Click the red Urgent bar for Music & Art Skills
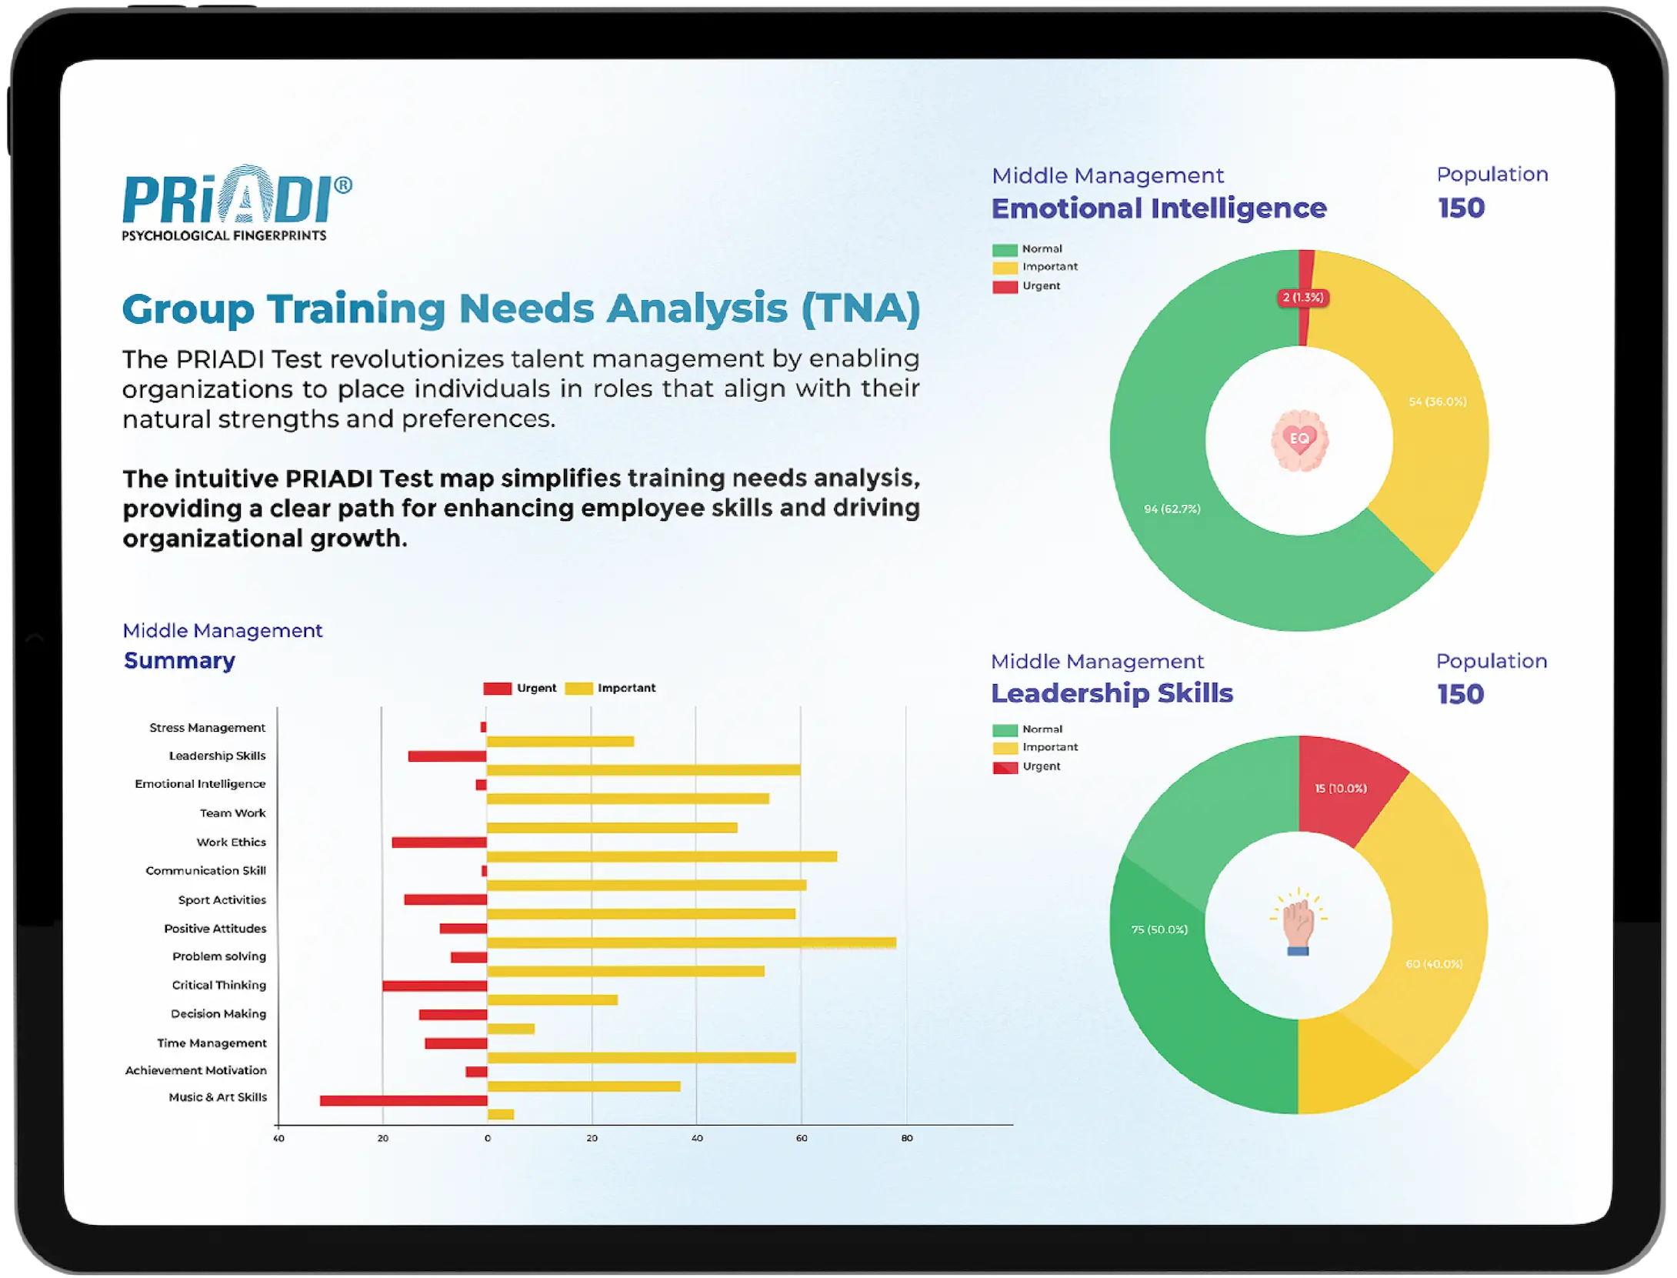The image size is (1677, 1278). [403, 1100]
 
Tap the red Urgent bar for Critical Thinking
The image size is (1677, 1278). [435, 986]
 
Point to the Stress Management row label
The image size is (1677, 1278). [207, 728]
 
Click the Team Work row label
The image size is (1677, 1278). [232, 813]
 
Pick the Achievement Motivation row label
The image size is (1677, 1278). [196, 1070]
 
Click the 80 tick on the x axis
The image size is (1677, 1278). [907, 1138]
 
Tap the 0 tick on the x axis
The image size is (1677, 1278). [487, 1138]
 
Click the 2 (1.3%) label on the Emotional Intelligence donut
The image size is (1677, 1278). [1303, 298]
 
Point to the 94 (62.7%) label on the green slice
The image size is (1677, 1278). [1172, 509]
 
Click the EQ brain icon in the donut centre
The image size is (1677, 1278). [1299, 439]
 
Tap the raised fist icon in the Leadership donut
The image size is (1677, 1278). [1299, 924]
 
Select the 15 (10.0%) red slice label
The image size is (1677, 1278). [1341, 789]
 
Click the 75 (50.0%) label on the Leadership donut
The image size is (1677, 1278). [1159, 929]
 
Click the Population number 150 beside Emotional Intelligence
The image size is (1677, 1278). [1461, 208]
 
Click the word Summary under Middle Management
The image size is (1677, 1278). [179, 660]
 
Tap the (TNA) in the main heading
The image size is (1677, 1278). [860, 309]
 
